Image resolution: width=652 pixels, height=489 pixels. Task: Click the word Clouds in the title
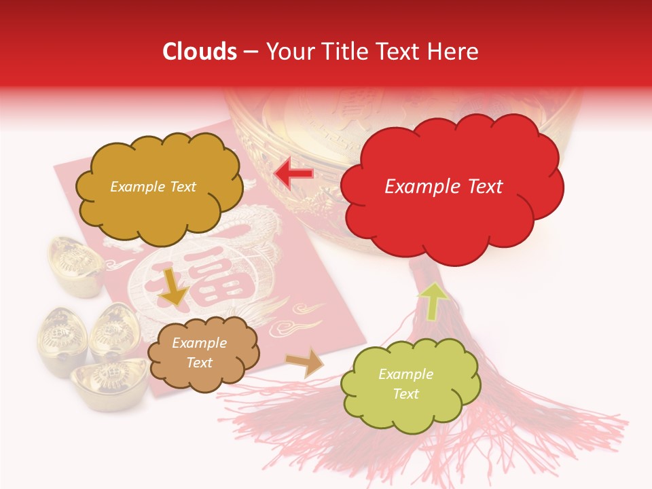[200, 52]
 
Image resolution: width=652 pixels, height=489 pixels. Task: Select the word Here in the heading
[453, 52]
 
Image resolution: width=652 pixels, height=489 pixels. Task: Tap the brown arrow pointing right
[305, 362]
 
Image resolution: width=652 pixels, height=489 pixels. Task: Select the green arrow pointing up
[433, 300]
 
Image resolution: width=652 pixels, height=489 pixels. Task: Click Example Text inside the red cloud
[443, 187]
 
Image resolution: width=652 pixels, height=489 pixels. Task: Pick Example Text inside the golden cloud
[153, 187]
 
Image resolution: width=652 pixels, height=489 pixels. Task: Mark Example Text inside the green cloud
[405, 384]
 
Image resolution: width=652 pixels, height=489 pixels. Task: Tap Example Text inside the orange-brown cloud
[199, 352]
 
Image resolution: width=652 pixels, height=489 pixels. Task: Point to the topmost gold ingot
[73, 261]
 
